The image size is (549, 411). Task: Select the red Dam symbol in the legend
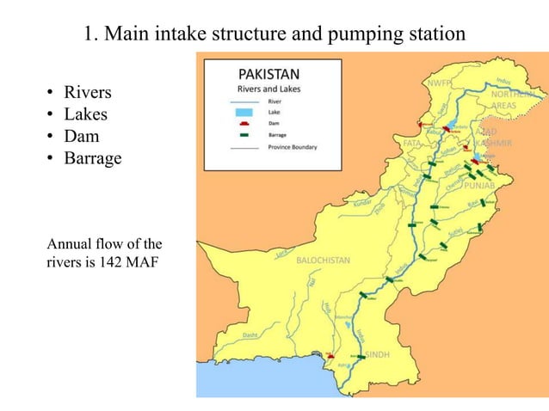(251, 123)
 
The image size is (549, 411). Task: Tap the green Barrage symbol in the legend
(251, 135)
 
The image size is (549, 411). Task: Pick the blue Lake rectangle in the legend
(251, 112)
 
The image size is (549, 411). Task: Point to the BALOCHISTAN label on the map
(323, 260)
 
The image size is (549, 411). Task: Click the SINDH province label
(378, 354)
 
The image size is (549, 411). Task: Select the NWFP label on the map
(440, 83)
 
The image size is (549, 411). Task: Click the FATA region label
(411, 143)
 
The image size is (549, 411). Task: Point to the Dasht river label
(250, 334)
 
